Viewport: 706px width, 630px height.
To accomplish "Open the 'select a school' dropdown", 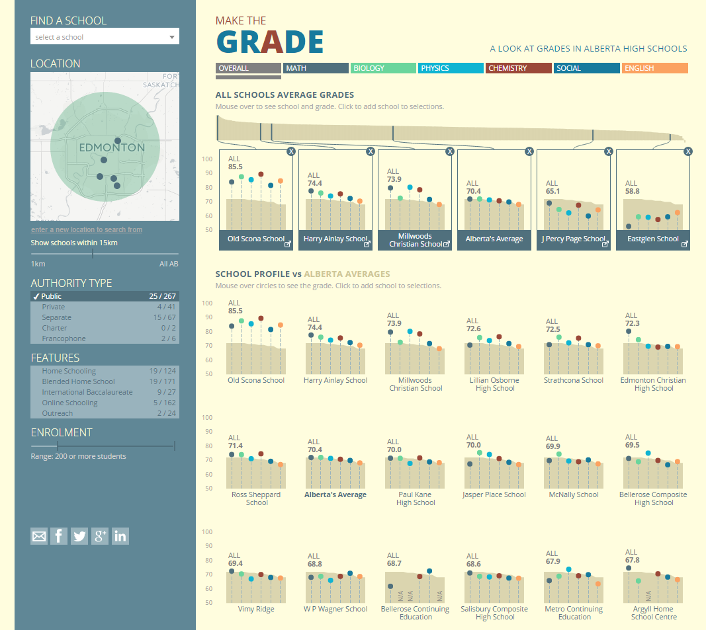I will pos(105,37).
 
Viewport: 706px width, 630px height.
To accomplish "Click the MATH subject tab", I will pos(316,68).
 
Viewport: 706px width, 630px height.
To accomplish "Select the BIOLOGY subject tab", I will pos(383,68).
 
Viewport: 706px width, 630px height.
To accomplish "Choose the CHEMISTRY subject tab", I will pos(519,68).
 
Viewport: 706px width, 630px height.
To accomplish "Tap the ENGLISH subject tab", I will pos(654,68).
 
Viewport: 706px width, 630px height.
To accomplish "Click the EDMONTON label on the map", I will pos(111,147).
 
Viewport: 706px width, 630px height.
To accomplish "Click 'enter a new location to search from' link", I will pos(87,229).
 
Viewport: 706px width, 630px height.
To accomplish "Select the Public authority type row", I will pos(105,296).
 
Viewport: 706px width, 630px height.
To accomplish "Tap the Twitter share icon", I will pos(79,536).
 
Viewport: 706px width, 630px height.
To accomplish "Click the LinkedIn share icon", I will pos(120,536).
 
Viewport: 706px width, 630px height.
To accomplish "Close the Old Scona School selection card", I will pos(291,151).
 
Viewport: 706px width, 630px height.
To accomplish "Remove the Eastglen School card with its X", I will pos(688,151).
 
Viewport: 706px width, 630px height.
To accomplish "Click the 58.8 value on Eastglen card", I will pos(633,192).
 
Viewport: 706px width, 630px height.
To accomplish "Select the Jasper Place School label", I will pos(495,494).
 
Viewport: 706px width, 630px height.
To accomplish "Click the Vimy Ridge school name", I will pos(256,609).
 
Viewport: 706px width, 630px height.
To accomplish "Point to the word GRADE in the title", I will pos(270,42).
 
